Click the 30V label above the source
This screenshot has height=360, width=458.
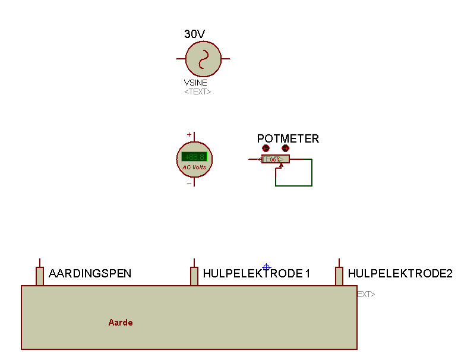click(x=195, y=34)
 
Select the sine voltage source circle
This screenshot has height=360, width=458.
click(x=203, y=59)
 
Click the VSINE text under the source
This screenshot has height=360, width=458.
click(x=195, y=83)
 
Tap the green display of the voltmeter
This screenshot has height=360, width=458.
click(x=194, y=157)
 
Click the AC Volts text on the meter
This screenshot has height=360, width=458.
click(x=194, y=167)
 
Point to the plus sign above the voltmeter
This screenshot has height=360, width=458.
click(x=189, y=135)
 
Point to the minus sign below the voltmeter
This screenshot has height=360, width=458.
click(x=189, y=184)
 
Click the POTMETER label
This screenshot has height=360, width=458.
click(x=288, y=138)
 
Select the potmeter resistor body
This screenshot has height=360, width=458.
click(x=276, y=159)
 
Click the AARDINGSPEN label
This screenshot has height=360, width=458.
click(x=90, y=274)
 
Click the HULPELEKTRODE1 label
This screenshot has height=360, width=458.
click(x=257, y=274)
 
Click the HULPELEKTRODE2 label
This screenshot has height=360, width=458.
click(x=400, y=274)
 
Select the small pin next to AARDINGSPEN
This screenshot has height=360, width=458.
click(x=40, y=276)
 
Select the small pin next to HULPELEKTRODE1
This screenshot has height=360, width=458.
click(x=194, y=276)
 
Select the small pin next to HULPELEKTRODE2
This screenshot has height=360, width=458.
click(x=339, y=276)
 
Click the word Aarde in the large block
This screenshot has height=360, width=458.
click(x=121, y=323)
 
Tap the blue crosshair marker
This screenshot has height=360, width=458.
click(x=266, y=267)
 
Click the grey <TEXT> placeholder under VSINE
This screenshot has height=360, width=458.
click(x=197, y=92)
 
